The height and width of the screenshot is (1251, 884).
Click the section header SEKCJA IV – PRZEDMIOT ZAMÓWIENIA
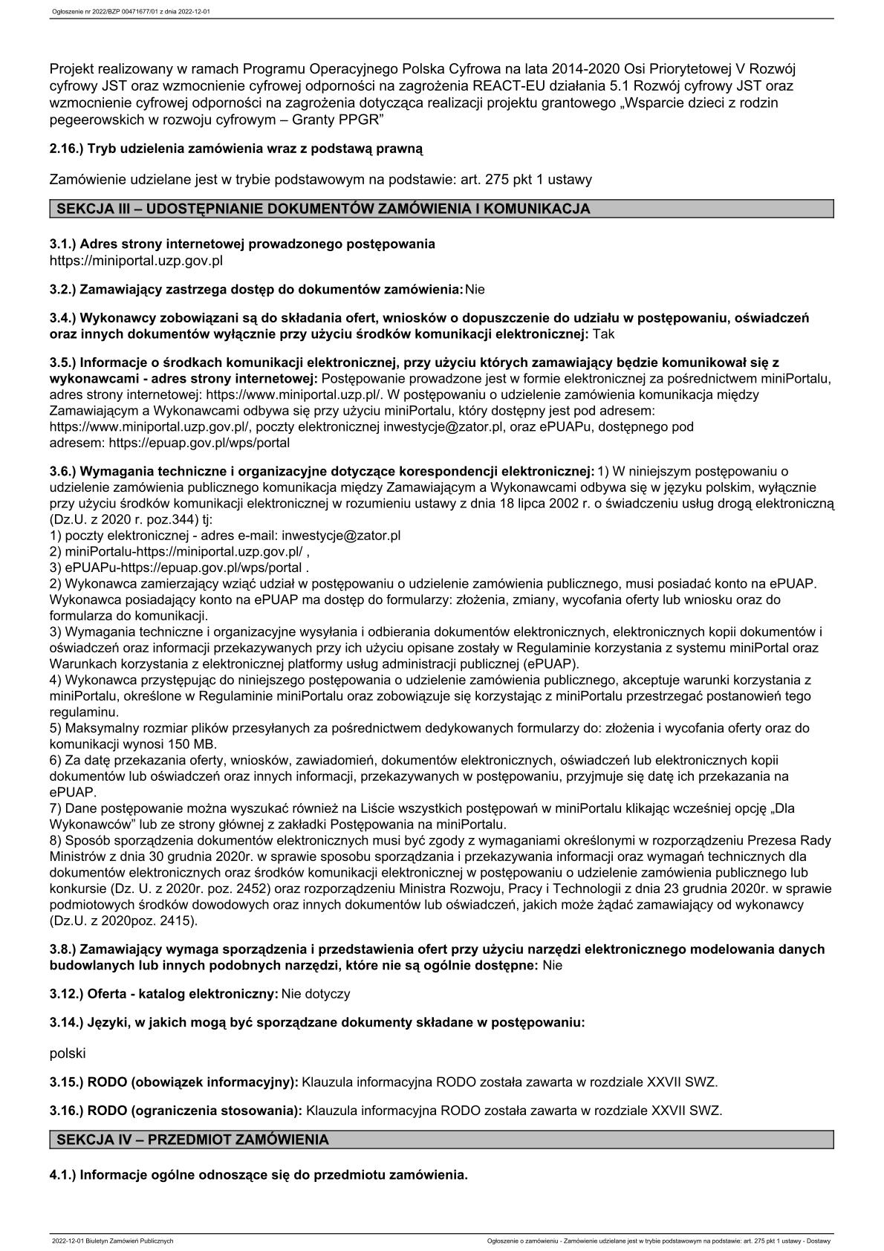(192, 1140)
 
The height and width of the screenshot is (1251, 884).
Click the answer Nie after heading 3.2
(475, 289)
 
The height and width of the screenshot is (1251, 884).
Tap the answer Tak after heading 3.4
(604, 334)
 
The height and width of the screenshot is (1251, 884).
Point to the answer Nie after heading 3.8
(553, 966)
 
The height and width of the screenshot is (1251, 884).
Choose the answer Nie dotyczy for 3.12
(316, 994)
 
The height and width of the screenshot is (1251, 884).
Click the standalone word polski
(68, 1053)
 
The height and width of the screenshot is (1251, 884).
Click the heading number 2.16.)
(67, 149)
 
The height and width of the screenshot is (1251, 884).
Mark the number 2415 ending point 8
(179, 921)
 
